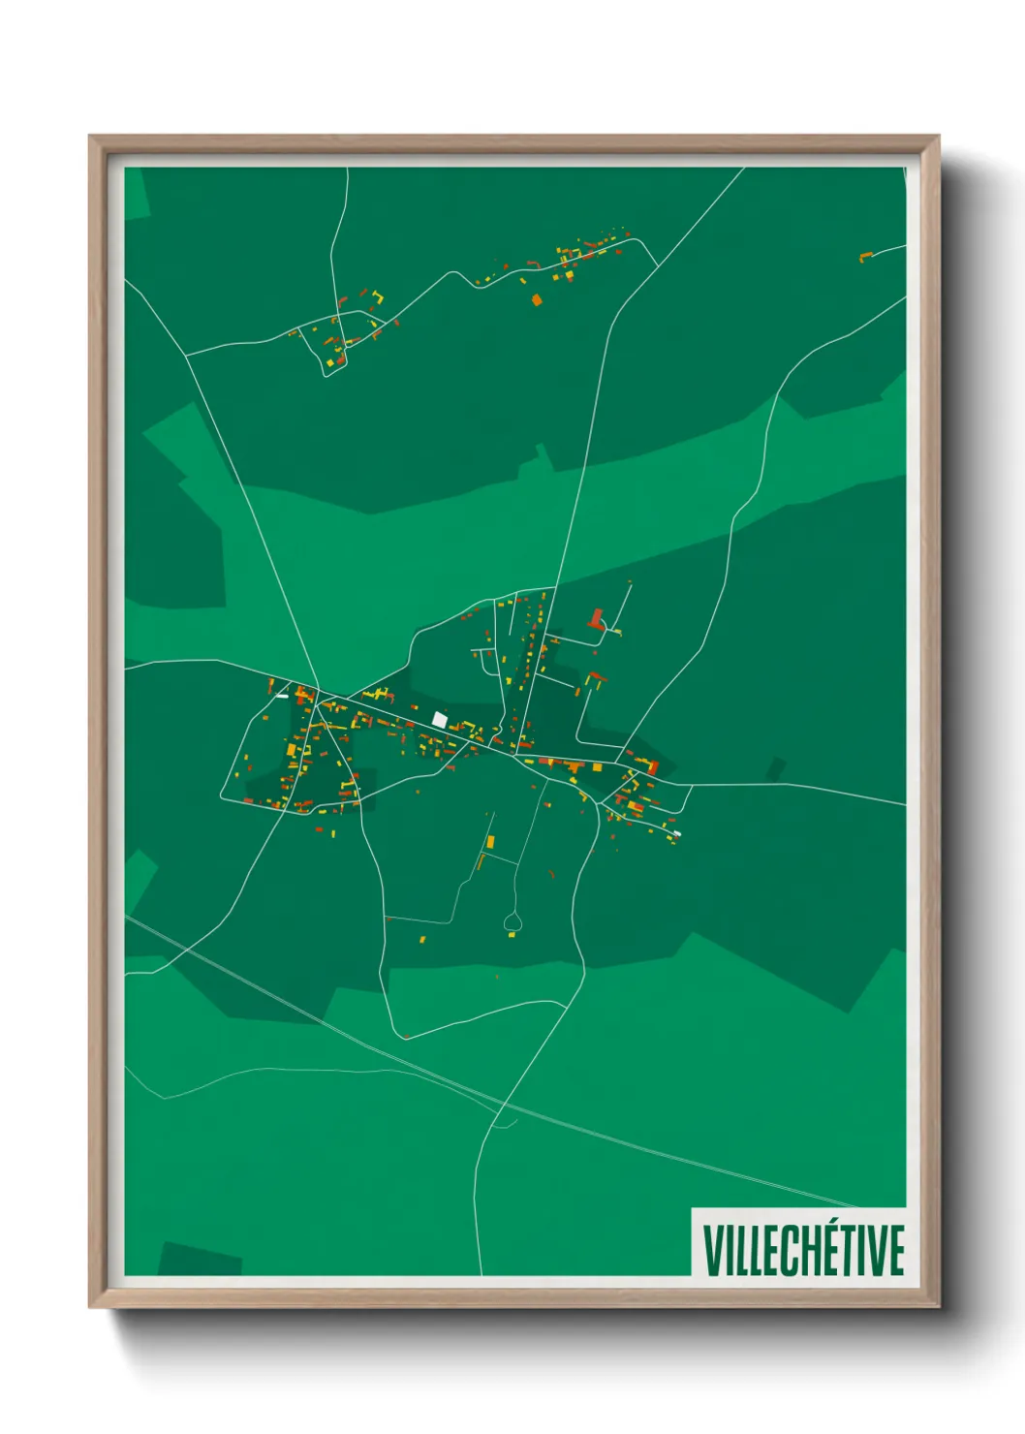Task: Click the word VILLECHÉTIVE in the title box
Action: [803, 1250]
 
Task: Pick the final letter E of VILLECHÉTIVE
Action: [895, 1250]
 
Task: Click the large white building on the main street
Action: [440, 719]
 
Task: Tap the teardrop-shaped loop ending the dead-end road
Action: [512, 921]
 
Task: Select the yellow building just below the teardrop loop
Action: [513, 935]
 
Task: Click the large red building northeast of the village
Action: [596, 618]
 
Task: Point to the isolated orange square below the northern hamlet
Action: [537, 299]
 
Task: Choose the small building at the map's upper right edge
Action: [865, 256]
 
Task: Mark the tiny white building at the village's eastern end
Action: [676, 833]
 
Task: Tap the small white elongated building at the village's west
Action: [283, 695]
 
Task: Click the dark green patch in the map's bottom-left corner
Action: [199, 1259]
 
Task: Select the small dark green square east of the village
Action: [775, 769]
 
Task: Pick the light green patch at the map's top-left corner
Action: [136, 192]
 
